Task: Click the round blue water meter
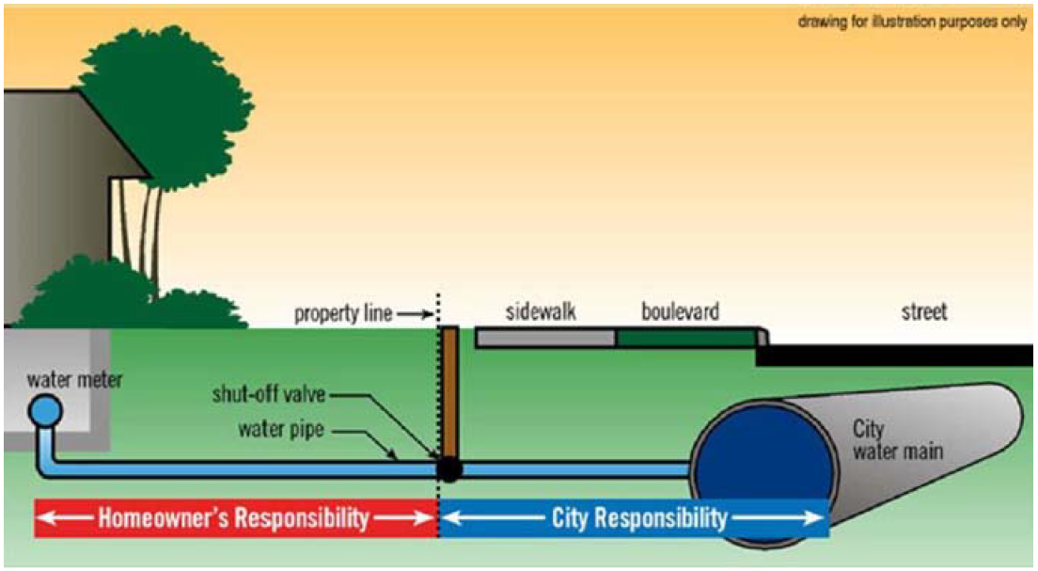(44, 410)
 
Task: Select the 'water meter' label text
(74, 381)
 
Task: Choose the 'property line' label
(342, 312)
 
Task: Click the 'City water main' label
(895, 441)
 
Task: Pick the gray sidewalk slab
(545, 338)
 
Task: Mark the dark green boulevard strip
(686, 338)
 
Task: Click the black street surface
(893, 355)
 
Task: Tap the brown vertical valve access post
(449, 390)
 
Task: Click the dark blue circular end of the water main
(763, 461)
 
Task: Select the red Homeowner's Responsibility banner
(235, 518)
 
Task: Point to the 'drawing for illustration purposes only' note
(912, 22)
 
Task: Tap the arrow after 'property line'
(414, 313)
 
